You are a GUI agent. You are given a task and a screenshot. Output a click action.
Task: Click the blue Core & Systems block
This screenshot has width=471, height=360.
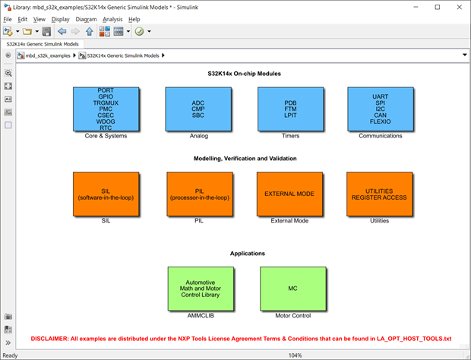click(x=106, y=109)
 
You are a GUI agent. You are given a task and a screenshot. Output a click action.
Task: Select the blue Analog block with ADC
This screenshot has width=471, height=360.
click(x=198, y=109)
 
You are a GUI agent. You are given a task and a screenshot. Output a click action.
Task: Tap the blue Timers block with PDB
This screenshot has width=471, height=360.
click(x=289, y=109)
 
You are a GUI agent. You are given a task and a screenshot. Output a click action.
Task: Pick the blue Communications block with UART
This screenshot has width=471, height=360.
click(x=380, y=109)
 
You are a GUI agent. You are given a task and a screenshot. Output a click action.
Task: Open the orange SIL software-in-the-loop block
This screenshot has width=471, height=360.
click(x=106, y=194)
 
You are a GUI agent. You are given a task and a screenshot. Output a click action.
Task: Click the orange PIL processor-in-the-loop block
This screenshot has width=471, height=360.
click(x=198, y=194)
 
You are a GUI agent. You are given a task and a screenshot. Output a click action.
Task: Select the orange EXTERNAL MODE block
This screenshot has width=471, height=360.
click(x=289, y=194)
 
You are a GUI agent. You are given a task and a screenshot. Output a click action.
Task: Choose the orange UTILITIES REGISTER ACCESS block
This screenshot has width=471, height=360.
click(x=379, y=194)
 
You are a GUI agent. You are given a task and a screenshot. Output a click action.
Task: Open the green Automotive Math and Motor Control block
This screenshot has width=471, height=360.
click(x=201, y=289)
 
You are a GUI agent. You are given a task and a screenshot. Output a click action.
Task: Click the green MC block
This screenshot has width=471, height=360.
click(x=292, y=289)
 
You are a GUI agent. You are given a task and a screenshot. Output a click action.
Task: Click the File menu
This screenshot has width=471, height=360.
click(x=8, y=19)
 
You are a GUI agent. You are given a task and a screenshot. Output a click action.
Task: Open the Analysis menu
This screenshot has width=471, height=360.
click(x=112, y=19)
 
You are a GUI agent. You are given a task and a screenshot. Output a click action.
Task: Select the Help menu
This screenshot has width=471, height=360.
click(x=134, y=19)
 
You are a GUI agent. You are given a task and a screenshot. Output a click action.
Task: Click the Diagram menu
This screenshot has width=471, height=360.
click(x=86, y=19)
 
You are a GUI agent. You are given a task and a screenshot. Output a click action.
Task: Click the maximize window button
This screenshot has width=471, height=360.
click(x=437, y=7)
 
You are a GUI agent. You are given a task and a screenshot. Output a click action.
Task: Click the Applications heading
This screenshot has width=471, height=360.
click(x=248, y=253)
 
